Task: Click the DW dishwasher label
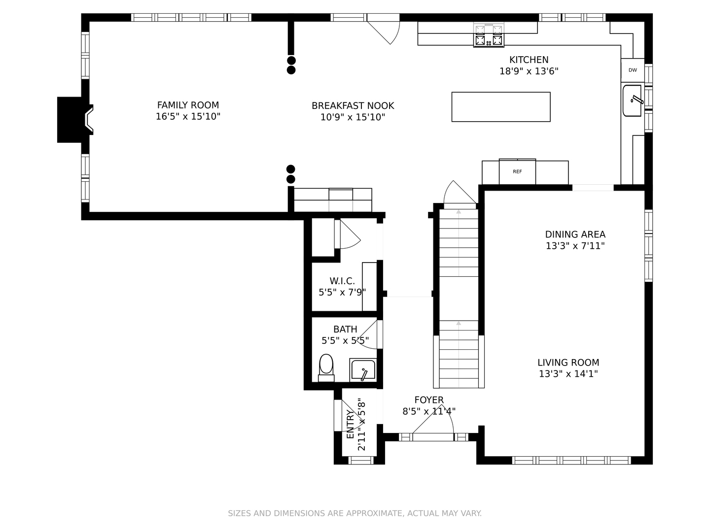[633, 70]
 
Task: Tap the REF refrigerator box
[517, 172]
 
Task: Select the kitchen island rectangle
[501, 107]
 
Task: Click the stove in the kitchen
[489, 35]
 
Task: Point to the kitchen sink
[632, 100]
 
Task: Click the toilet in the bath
[326, 368]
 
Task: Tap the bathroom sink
[363, 370]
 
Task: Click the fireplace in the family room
[75, 120]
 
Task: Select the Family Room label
[188, 105]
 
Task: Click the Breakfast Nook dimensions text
[353, 117]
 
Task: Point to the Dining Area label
[575, 234]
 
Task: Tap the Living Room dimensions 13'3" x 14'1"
[568, 374]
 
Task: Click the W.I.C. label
[342, 281]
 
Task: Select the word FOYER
[429, 400]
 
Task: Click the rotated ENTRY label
[350, 424]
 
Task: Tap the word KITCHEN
[529, 60]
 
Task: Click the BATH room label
[345, 329]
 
